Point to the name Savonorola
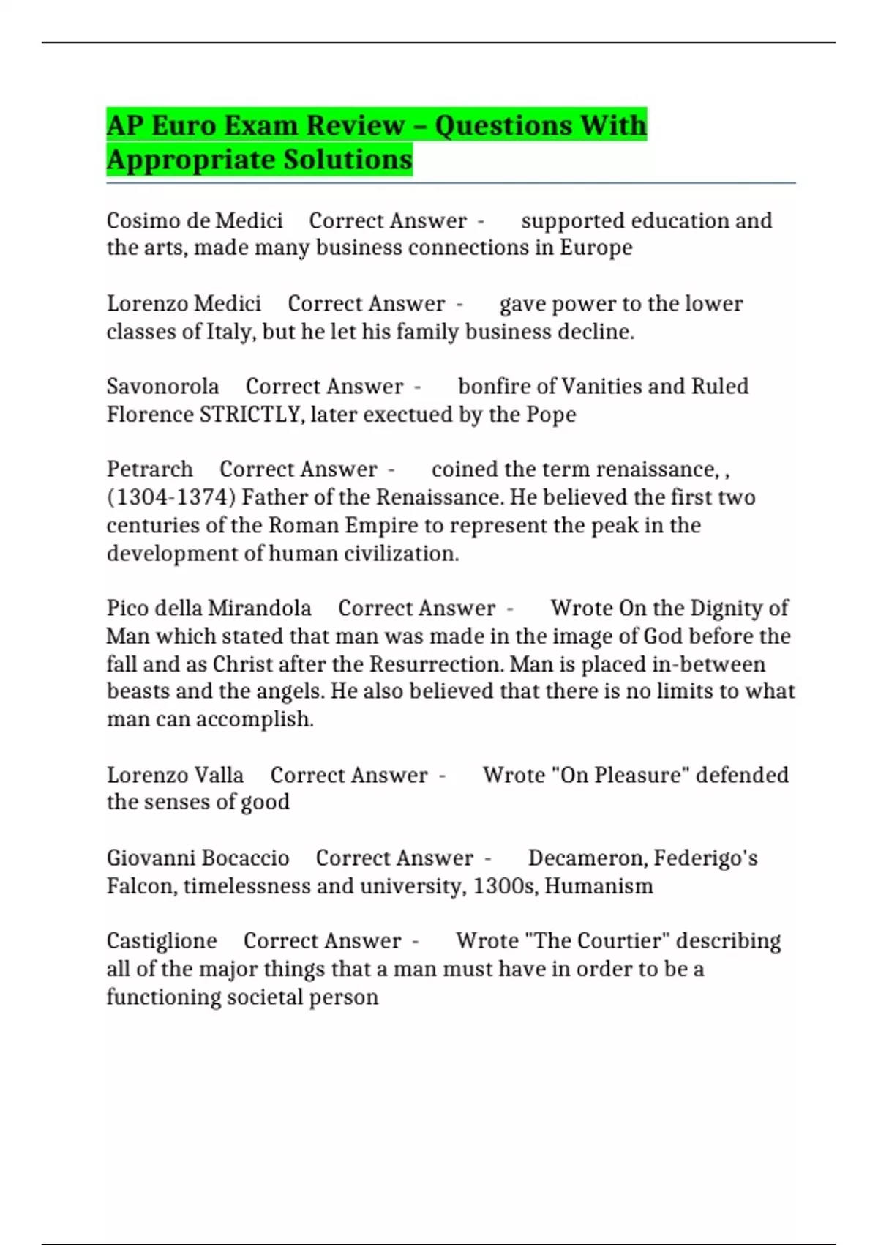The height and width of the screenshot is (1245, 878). (x=162, y=386)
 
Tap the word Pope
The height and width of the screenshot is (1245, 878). (x=551, y=415)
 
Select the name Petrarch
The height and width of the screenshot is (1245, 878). (x=149, y=469)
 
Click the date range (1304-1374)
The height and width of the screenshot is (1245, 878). (x=171, y=497)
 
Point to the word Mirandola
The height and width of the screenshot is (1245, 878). (x=260, y=608)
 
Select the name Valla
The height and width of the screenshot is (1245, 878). (x=219, y=775)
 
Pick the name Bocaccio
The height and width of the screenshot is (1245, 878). (x=244, y=858)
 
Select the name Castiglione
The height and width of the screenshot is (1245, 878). (x=162, y=940)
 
